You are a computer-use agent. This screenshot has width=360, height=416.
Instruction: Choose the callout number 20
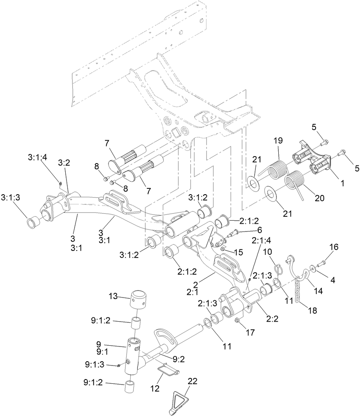[319, 198]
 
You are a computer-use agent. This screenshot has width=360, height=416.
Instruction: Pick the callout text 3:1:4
[37, 157]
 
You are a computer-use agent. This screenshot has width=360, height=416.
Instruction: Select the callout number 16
[334, 247]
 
